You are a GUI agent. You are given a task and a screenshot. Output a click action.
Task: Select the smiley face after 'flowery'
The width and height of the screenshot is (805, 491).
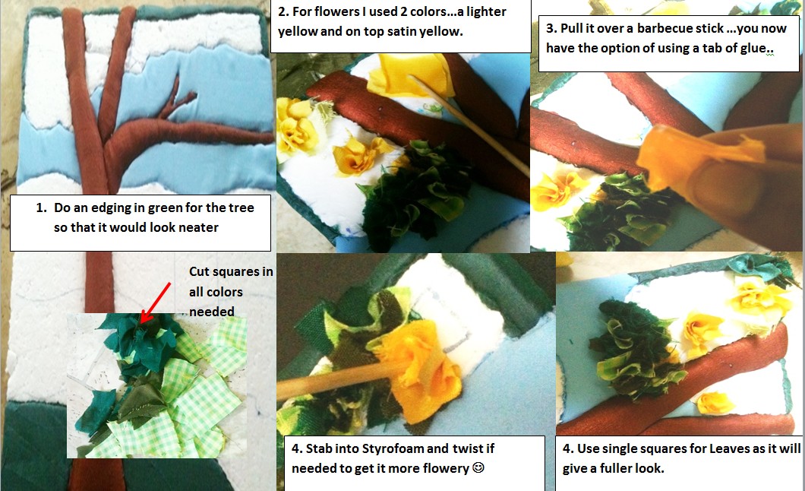(478, 468)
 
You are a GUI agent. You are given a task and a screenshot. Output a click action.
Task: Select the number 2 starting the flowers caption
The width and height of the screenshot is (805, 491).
(282, 12)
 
